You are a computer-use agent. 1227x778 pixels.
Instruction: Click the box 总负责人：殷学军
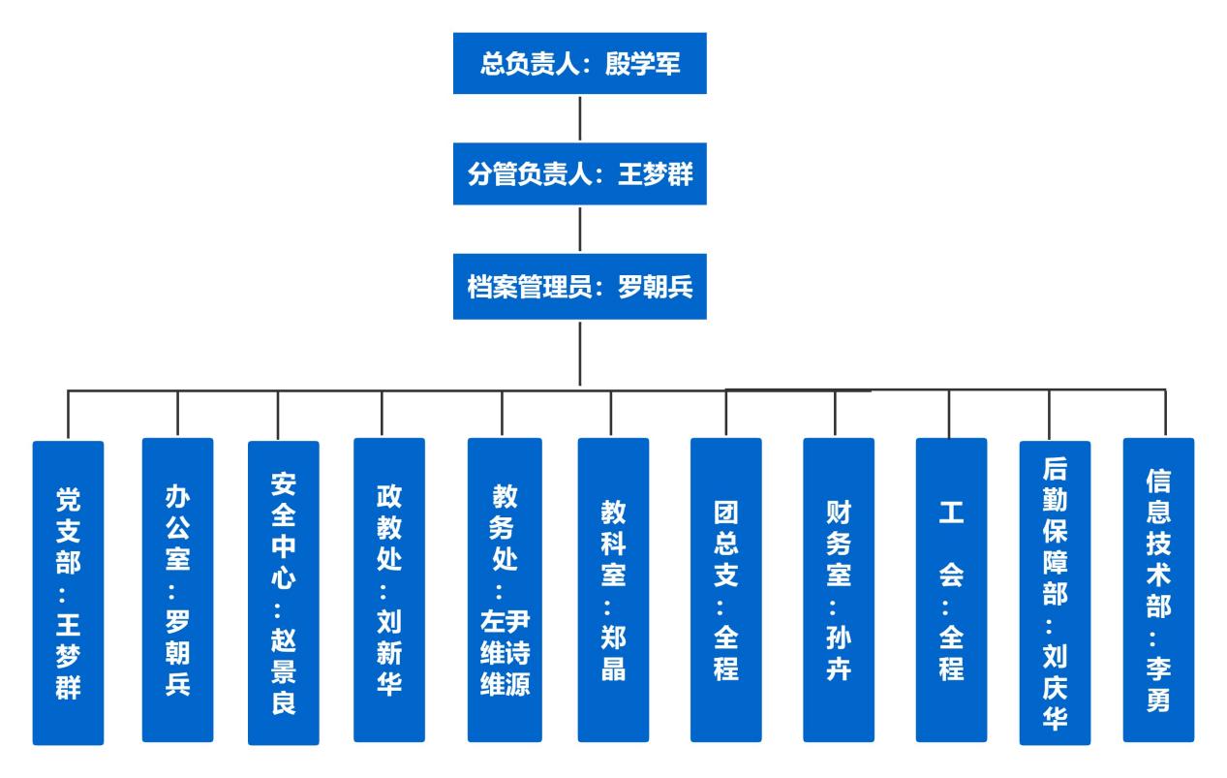(x=579, y=63)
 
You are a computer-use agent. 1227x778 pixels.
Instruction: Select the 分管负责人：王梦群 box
(x=579, y=174)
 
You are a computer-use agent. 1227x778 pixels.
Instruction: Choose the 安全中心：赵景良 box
(x=283, y=593)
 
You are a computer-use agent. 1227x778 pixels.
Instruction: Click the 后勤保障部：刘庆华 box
(x=1056, y=593)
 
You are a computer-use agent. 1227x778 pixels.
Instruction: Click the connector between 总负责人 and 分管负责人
(x=579, y=119)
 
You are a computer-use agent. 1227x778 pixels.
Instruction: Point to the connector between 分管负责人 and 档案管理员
(x=579, y=232)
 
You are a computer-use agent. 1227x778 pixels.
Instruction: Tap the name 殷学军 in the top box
(x=641, y=63)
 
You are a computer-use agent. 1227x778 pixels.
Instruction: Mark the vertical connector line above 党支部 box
(x=68, y=415)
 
